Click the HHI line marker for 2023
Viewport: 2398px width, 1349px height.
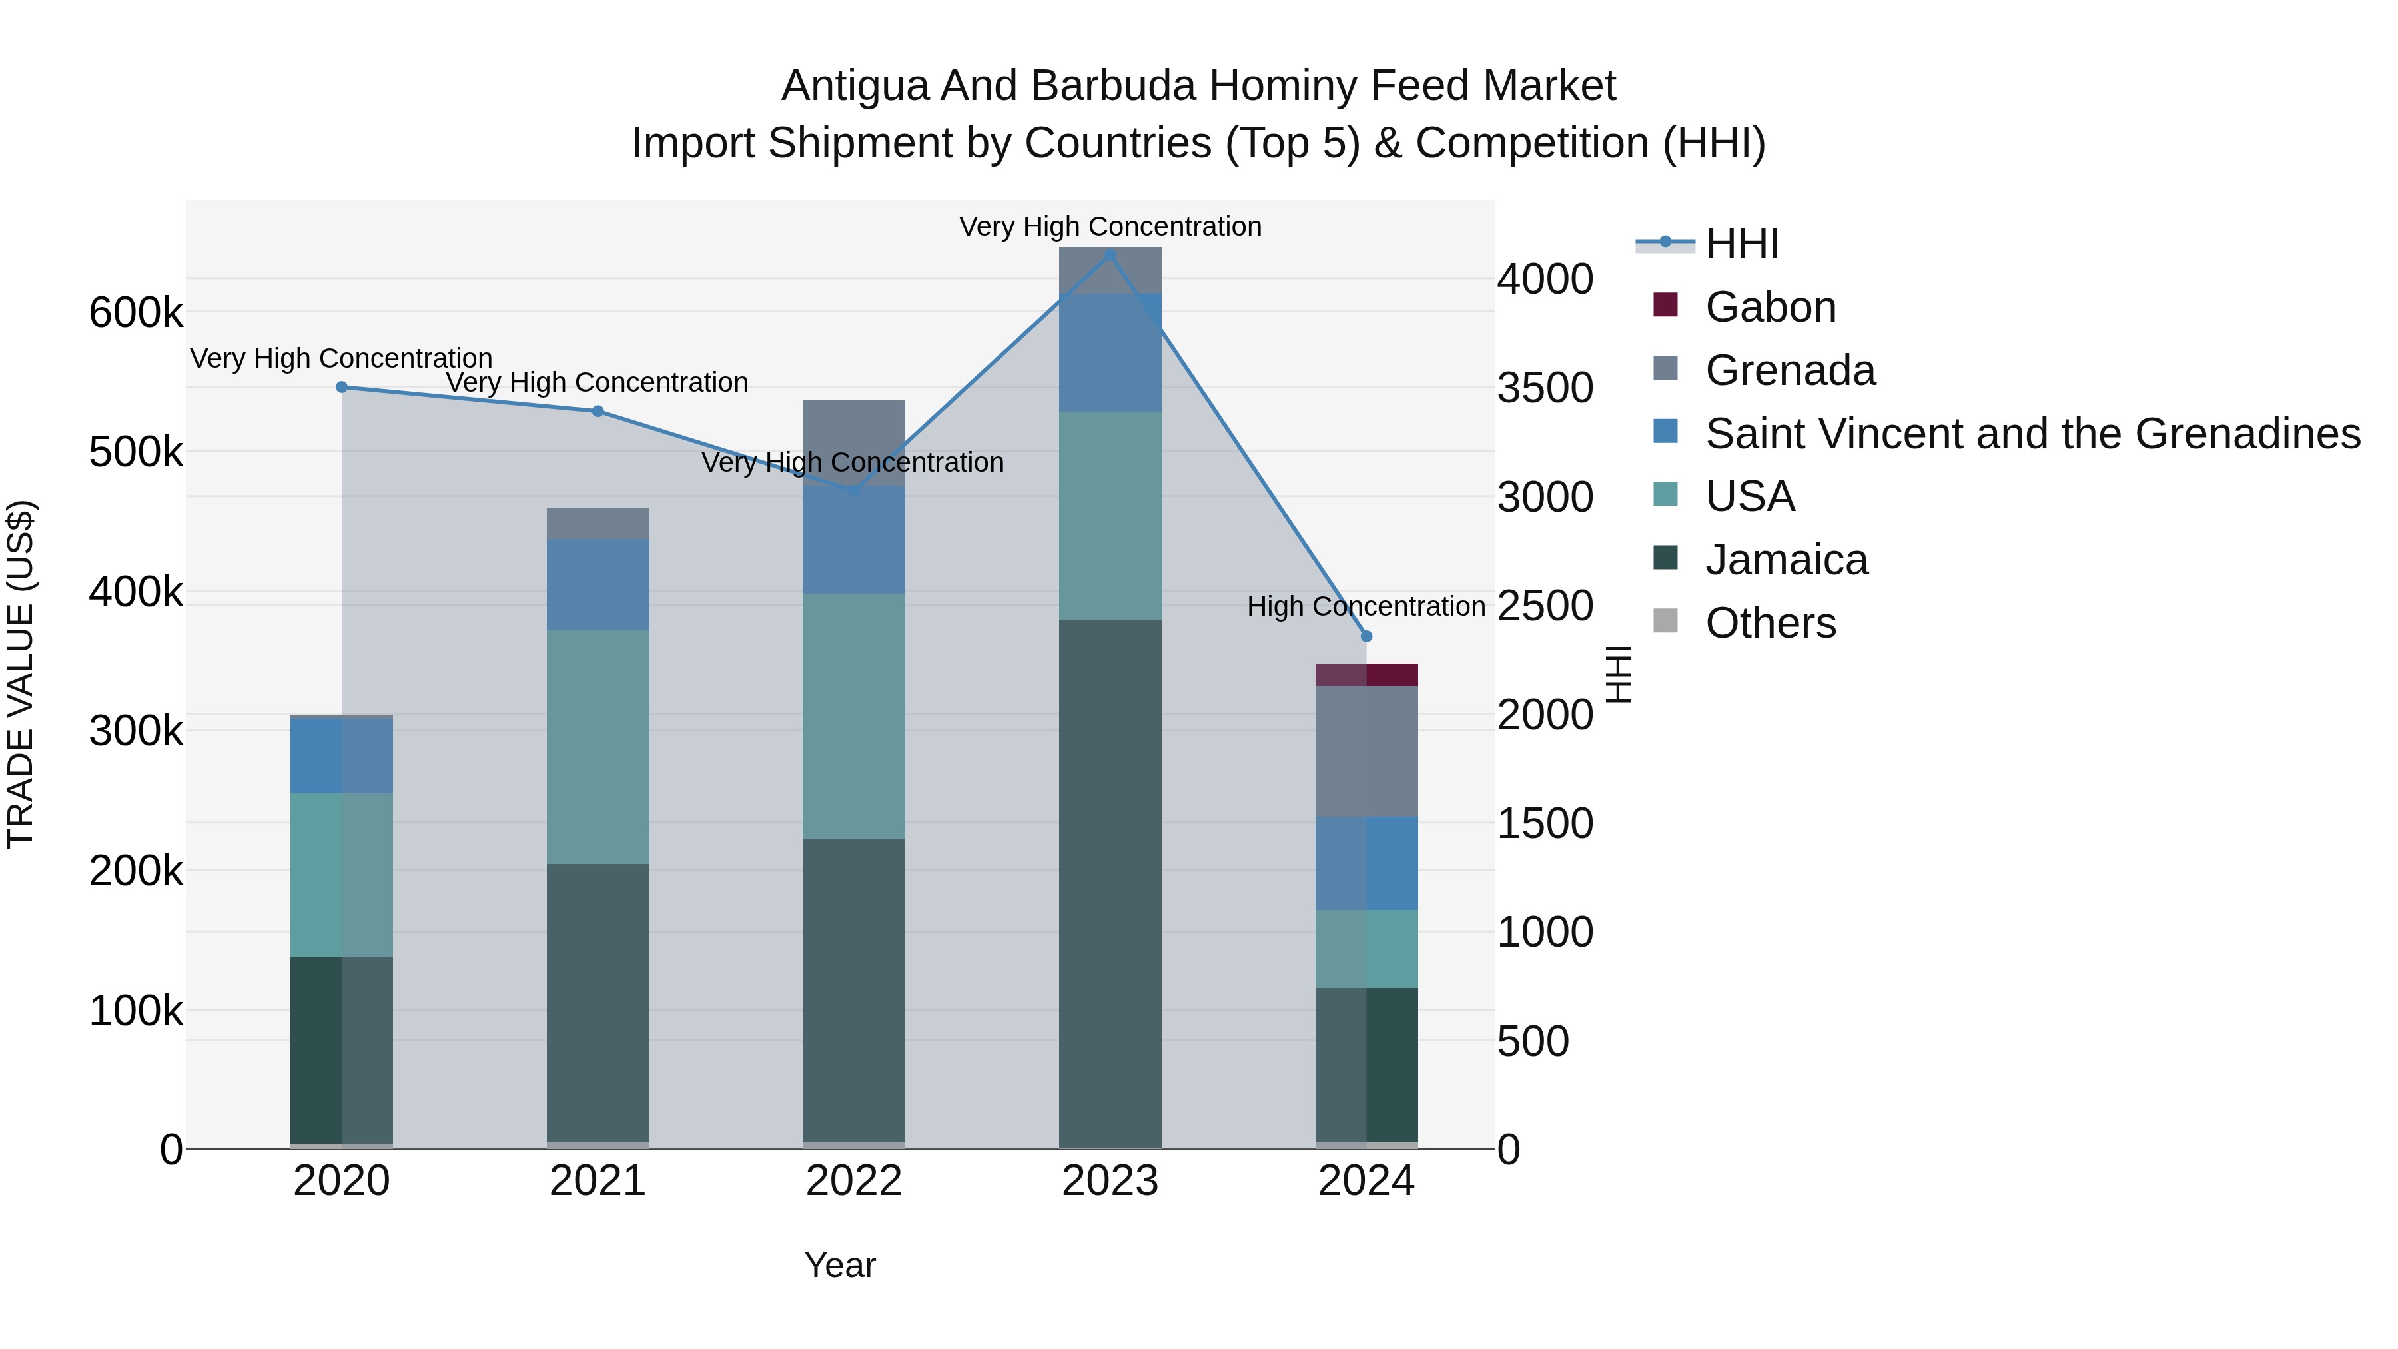(x=1110, y=254)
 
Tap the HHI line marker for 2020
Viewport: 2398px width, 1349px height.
(x=342, y=386)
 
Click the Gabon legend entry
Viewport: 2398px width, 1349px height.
(x=1770, y=307)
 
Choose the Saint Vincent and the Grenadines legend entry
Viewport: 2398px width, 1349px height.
(x=2032, y=434)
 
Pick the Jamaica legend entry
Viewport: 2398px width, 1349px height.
(x=1785, y=560)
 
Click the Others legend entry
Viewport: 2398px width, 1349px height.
(x=1770, y=623)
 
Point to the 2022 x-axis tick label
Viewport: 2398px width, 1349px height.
(x=854, y=1181)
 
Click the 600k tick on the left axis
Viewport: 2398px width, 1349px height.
(x=136, y=313)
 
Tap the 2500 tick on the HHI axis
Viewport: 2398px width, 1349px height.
(x=1544, y=606)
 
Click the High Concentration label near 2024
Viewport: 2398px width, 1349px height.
(x=1366, y=606)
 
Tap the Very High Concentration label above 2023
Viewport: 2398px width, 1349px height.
(x=1110, y=226)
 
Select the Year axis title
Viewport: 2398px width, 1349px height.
(x=840, y=1265)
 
